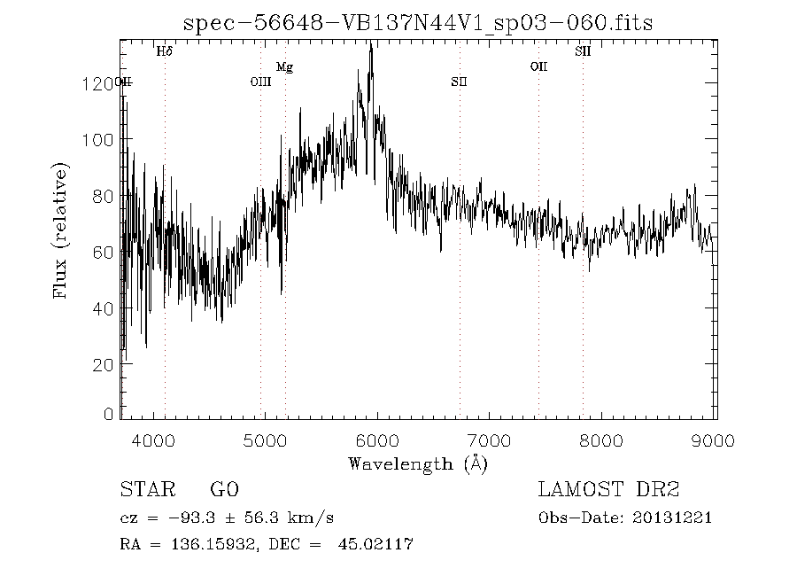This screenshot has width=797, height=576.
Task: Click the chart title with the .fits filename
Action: [x=417, y=22]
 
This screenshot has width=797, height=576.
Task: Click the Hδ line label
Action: [x=164, y=51]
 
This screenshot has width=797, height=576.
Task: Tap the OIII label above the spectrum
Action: [x=260, y=82]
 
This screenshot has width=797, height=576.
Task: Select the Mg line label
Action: [x=284, y=66]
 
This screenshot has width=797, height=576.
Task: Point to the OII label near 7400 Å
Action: [x=538, y=66]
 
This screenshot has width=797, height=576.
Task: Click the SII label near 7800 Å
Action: [x=583, y=51]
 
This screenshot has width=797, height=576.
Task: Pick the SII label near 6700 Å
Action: [x=459, y=82]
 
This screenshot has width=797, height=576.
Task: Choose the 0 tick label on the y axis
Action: [x=110, y=414]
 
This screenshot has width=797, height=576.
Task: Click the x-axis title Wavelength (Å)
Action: [x=418, y=463]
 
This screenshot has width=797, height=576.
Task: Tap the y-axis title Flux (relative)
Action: [x=61, y=230]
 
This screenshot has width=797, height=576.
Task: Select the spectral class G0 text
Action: [x=224, y=490]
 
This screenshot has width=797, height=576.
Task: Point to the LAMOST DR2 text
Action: [x=608, y=490]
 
